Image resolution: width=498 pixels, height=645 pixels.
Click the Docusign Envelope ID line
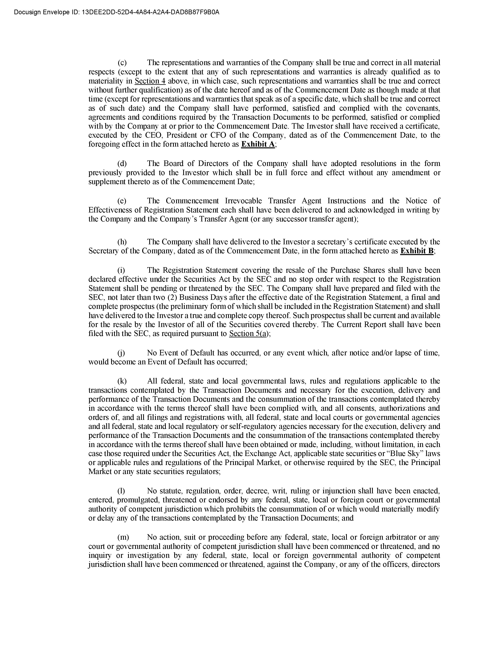[117, 12]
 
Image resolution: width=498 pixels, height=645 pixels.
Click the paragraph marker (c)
[122, 63]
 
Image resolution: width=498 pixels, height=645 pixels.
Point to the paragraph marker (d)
[122, 164]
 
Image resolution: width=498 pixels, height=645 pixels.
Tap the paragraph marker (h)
[122, 242]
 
